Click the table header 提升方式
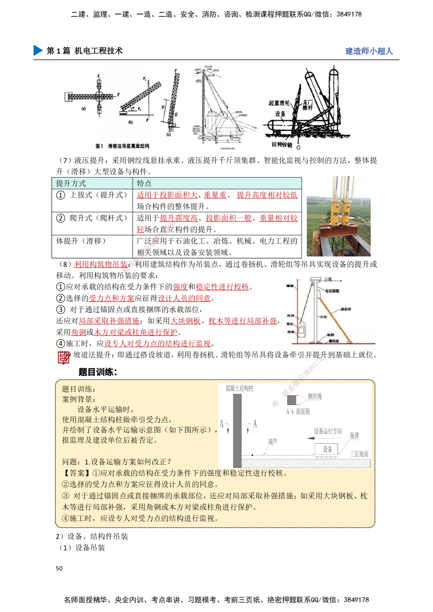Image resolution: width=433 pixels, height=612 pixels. pos(71,184)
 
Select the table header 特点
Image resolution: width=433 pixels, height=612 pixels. pos(144,184)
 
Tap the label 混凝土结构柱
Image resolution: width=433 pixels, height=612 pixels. pos(239,389)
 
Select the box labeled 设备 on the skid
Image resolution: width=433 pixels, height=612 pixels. pos(327,449)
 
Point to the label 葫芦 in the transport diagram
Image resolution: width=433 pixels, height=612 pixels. pos(273,442)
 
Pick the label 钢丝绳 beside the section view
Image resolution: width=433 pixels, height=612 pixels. pos(315,396)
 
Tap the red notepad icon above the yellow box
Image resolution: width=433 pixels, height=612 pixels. pos(64,358)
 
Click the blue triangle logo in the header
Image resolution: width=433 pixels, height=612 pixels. pos(38,51)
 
